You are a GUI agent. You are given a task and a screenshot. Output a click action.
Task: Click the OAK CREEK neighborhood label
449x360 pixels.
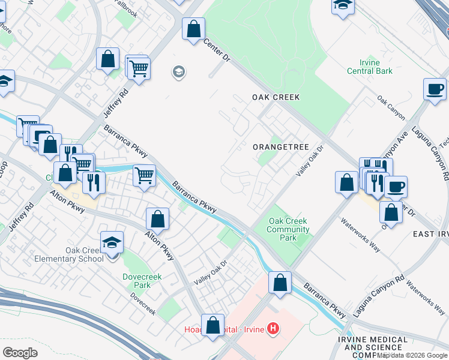[276, 97]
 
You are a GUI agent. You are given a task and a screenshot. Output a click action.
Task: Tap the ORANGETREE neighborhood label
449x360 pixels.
[280, 147]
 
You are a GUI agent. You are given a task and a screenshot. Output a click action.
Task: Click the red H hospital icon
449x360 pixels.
[273, 329]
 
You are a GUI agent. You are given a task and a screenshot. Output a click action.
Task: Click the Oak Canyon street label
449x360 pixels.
[391, 107]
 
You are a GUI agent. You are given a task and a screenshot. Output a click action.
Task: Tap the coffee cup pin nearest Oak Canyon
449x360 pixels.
[435, 89]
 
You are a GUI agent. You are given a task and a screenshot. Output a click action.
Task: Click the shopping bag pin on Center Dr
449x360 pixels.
[193, 29]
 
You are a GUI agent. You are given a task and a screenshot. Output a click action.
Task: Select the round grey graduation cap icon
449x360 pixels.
[178, 73]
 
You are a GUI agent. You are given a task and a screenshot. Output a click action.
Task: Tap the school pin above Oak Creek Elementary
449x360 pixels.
[112, 242]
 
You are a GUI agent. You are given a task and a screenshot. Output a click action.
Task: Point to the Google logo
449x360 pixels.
[20, 353]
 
